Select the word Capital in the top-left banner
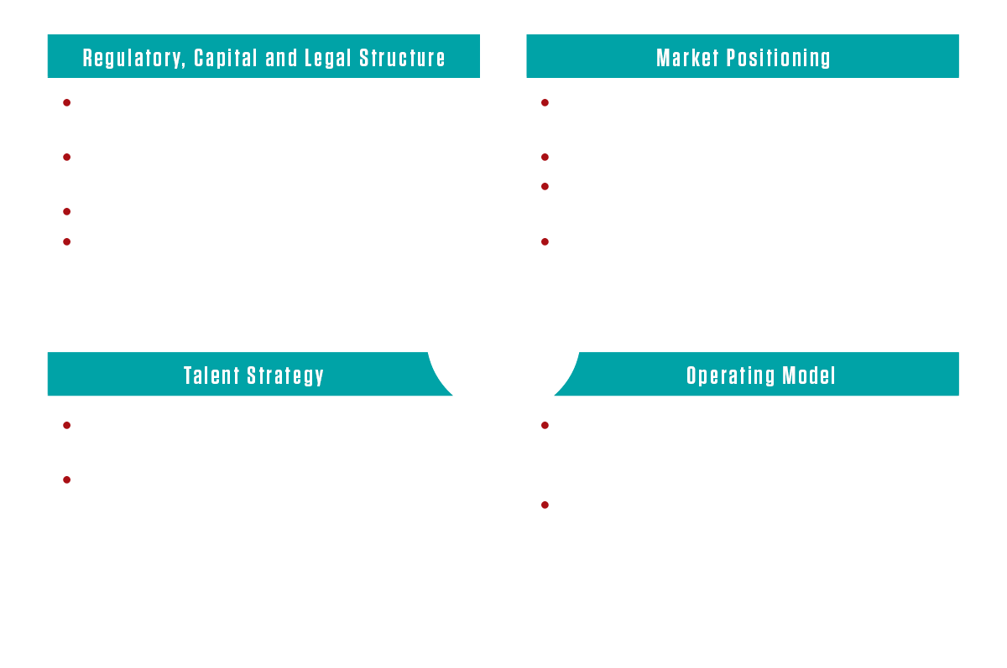coord(226,58)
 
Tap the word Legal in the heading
coord(328,59)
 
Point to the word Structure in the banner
coord(402,58)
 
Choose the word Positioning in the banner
coord(778,59)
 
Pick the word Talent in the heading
coord(211,375)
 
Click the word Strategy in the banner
coord(285,376)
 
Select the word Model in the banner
coord(809,375)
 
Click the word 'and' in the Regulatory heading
coord(281,58)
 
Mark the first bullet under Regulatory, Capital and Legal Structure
coord(67,103)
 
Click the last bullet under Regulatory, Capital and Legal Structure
coord(67,242)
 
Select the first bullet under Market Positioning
coord(545,103)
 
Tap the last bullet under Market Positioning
coord(545,242)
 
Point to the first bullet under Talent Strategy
coord(67,426)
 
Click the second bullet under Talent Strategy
coord(67,480)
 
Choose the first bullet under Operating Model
coord(545,426)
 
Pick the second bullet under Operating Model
coord(545,505)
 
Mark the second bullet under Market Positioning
coord(545,157)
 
